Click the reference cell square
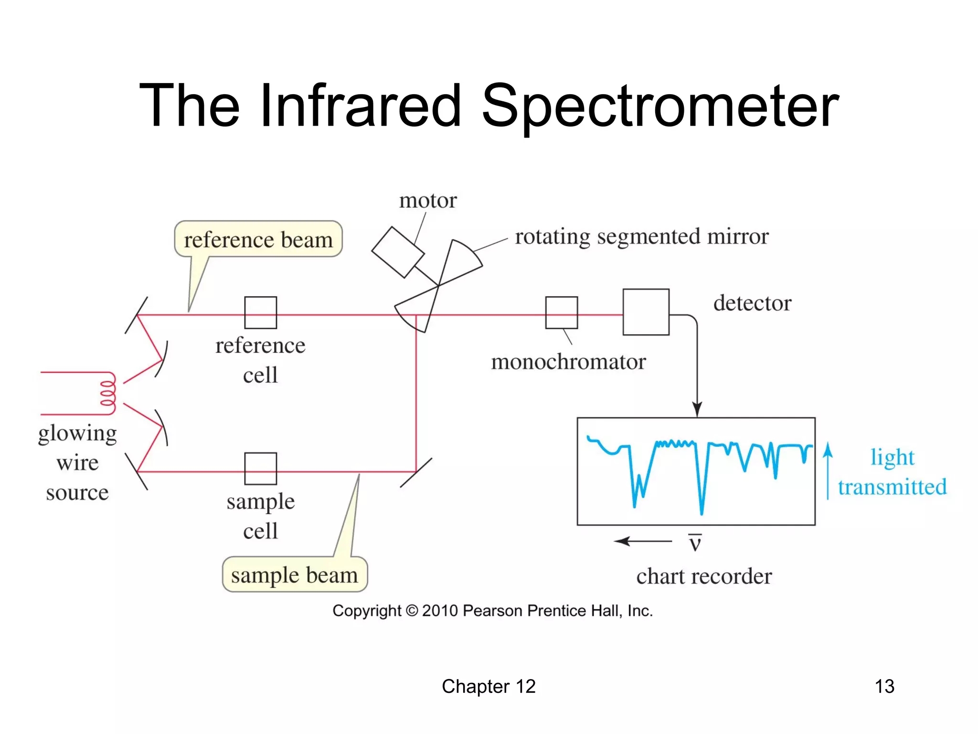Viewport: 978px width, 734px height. [260, 313]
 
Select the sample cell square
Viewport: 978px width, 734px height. [260, 468]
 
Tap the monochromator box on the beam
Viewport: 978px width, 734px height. [562, 313]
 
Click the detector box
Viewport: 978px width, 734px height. [646, 312]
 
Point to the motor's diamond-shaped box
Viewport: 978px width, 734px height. [398, 252]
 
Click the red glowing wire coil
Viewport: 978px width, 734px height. [108, 393]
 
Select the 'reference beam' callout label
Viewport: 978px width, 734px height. [258, 239]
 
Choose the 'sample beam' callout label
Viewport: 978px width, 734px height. [295, 575]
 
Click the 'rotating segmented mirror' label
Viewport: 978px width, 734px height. [642, 237]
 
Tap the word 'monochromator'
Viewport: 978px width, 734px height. [568, 362]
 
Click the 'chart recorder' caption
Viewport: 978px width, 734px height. [704, 576]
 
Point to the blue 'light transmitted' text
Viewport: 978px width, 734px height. [892, 472]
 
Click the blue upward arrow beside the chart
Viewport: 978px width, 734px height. [828, 471]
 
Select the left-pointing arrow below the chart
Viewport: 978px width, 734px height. [642, 541]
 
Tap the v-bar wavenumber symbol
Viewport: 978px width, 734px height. [695, 542]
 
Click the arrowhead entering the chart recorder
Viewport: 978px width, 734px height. [697, 410]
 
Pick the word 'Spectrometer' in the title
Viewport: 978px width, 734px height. [660, 106]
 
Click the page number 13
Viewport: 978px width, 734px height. [884, 686]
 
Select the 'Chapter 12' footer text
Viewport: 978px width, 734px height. [489, 686]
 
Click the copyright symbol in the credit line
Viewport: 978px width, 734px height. [412, 611]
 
